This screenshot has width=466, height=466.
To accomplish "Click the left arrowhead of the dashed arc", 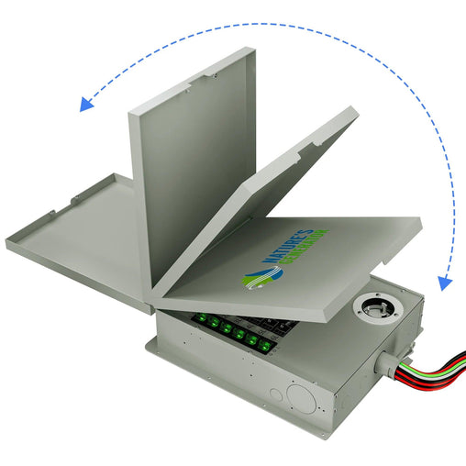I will (87, 102).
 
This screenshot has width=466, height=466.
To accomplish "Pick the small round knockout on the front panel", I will (274, 394).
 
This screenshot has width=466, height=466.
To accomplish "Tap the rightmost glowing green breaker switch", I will (264, 346).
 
